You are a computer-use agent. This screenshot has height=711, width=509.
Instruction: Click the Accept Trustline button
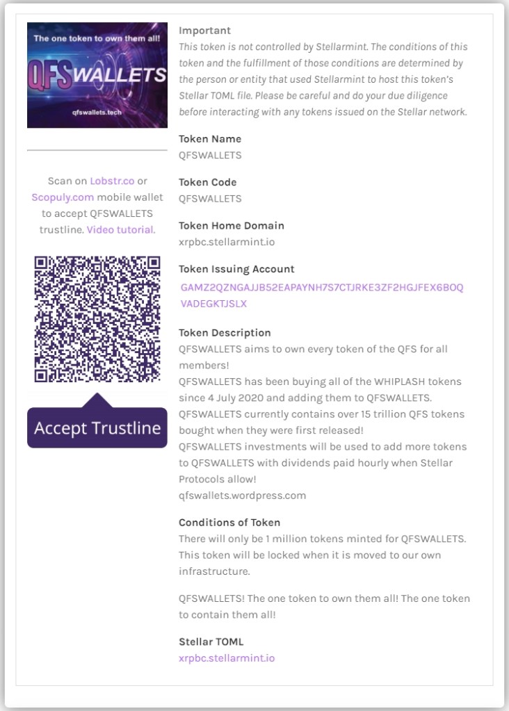[97, 427]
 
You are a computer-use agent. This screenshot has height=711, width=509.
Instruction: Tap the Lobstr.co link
[112, 181]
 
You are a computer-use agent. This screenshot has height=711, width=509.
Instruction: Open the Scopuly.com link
[63, 197]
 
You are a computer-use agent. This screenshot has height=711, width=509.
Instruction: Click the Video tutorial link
[120, 229]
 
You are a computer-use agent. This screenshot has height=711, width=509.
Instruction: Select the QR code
[97, 319]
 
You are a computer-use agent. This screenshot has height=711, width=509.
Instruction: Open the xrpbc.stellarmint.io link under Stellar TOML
[227, 657]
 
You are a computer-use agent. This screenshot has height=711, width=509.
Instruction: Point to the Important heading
[204, 31]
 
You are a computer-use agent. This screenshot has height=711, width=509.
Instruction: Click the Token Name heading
[210, 139]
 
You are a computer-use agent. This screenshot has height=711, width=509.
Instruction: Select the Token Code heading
[207, 182]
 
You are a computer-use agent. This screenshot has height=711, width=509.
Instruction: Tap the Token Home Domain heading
[231, 225]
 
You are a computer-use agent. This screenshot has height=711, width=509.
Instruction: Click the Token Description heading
[225, 333]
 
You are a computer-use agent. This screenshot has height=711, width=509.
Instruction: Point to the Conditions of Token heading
[229, 522]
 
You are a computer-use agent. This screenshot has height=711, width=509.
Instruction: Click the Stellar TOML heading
[211, 641]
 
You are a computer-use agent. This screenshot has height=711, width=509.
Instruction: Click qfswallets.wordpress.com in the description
[242, 496]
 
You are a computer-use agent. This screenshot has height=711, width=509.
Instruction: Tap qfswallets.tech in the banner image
[97, 111]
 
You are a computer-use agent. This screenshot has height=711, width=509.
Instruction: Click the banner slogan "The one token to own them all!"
[97, 39]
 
